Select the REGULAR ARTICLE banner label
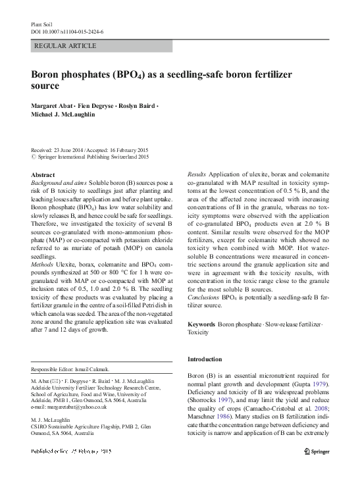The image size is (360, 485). (65, 46)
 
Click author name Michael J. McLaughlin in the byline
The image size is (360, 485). (68, 116)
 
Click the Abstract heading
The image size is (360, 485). (44, 174)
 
